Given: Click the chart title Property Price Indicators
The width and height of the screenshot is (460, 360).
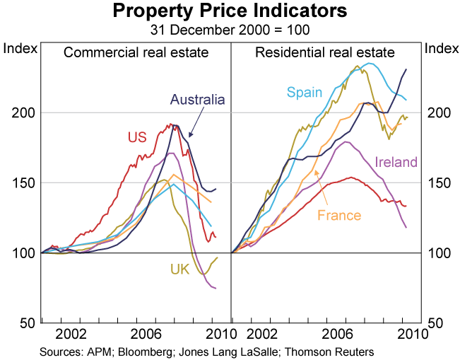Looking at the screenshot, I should point(230,12).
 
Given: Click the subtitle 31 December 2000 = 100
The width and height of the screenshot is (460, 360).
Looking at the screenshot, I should point(230,30).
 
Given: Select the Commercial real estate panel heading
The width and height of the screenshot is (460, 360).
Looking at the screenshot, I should point(136,52).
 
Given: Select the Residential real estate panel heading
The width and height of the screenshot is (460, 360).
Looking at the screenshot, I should point(325,52).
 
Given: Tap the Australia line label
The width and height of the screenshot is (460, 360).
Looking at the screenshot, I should point(197,100).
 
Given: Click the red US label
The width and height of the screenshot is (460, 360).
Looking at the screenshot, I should point(137,137).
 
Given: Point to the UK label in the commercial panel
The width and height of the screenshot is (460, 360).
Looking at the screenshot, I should point(179,269).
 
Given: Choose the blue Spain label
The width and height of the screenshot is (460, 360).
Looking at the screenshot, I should point(304,92).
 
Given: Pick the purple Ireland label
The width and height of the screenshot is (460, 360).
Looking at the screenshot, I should point(396,162).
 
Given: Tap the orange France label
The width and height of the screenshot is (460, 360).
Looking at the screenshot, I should point(340,215).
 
